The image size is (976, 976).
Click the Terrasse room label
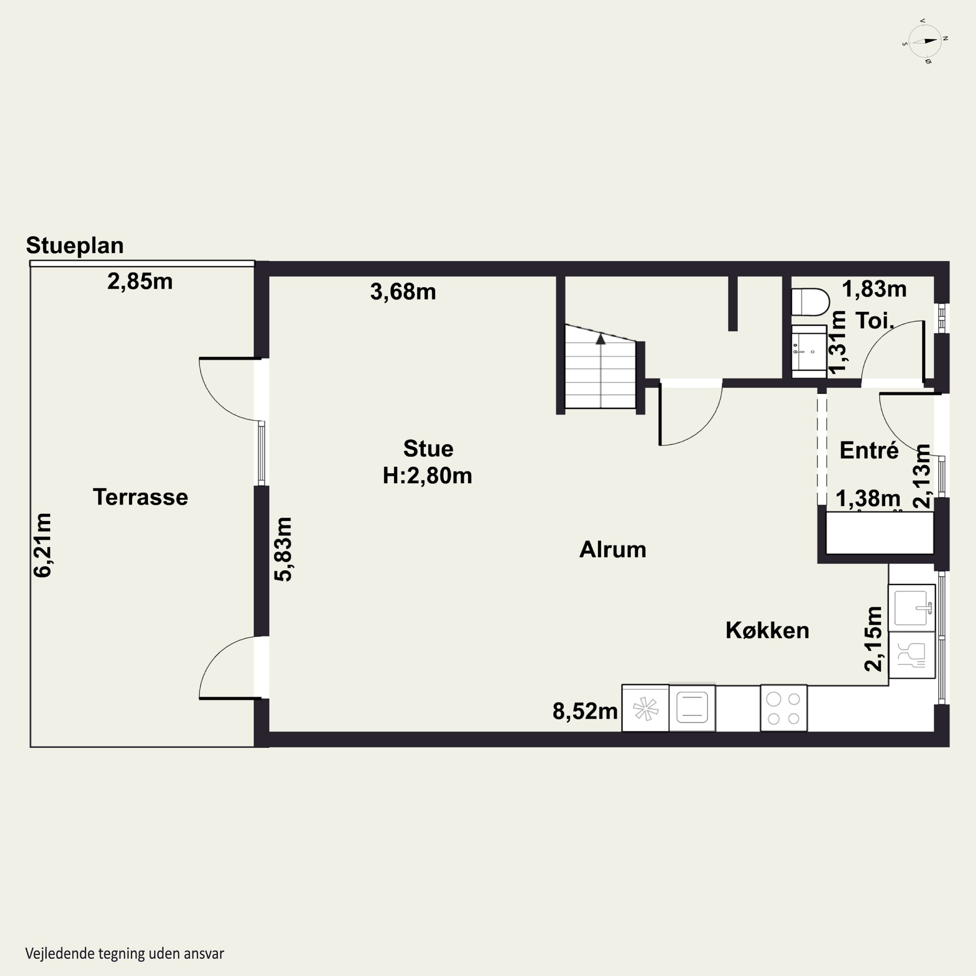coord(141,497)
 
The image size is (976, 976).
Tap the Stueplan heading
coord(75,246)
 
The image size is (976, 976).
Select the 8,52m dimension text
coord(585,711)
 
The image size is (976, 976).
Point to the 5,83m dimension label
coord(283,549)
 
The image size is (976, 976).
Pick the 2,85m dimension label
coord(140,281)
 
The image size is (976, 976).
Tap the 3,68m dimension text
coord(403,292)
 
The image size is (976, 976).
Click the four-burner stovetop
coord(783,708)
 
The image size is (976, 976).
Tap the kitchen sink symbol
coord(912,608)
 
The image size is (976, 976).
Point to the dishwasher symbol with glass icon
coord(912,655)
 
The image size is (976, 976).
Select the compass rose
coord(925,41)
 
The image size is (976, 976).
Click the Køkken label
coord(767,630)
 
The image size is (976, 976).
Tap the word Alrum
coord(613,549)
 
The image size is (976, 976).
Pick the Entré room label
coord(869,450)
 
